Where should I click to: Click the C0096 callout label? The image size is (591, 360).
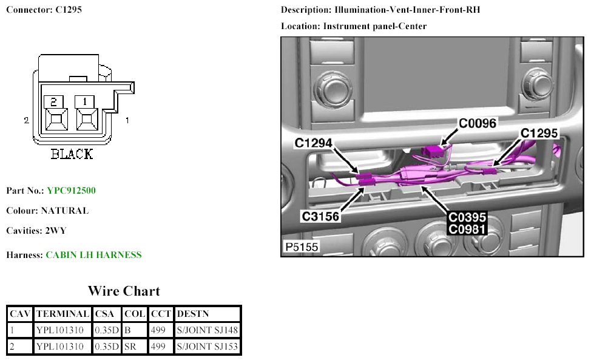point(478,123)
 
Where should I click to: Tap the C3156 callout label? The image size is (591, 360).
point(322,216)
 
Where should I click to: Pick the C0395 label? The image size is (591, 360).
point(467,217)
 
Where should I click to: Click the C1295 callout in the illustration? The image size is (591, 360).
point(539,133)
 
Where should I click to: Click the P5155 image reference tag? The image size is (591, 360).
point(302,247)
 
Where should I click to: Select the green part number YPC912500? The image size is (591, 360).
point(71,191)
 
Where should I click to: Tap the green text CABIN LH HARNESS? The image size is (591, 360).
point(93,255)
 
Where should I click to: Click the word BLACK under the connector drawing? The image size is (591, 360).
point(72,154)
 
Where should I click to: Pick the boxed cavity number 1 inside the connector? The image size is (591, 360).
point(86,101)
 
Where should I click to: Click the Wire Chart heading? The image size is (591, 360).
point(124,291)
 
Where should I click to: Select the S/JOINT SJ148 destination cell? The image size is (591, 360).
point(207,330)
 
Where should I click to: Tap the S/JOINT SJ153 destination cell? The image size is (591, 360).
point(207,347)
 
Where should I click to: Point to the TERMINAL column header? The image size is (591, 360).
point(62,314)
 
